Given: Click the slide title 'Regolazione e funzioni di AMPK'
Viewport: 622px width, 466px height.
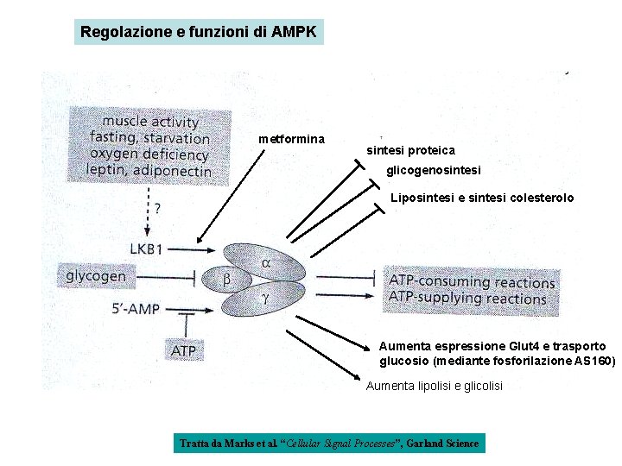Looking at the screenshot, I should point(199,32).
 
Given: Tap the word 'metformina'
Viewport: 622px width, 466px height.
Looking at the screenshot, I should point(291,139).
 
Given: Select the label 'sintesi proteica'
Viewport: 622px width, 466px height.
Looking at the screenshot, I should point(410,150).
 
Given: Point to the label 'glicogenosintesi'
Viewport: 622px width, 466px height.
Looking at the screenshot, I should point(434,171).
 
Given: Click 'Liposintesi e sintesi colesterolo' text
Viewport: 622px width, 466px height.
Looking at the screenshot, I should point(482,198).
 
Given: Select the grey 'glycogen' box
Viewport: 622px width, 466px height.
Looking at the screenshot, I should point(96,276).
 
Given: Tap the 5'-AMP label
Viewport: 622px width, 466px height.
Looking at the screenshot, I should point(136,308).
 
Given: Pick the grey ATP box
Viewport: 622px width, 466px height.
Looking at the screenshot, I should point(183,350).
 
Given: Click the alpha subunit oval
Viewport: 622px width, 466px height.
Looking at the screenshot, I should point(268,261).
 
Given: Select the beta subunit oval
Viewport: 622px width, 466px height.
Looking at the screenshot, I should point(227,279).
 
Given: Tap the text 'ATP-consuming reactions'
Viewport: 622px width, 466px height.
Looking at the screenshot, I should point(472,281).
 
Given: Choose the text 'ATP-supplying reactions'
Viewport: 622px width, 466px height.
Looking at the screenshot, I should point(467,299).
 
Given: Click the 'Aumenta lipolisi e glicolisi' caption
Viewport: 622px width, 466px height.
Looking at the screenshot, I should point(434,386).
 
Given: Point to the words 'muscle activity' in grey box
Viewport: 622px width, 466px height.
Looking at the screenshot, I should point(150,122).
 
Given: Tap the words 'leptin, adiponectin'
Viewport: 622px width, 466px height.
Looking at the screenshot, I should point(150,170).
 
